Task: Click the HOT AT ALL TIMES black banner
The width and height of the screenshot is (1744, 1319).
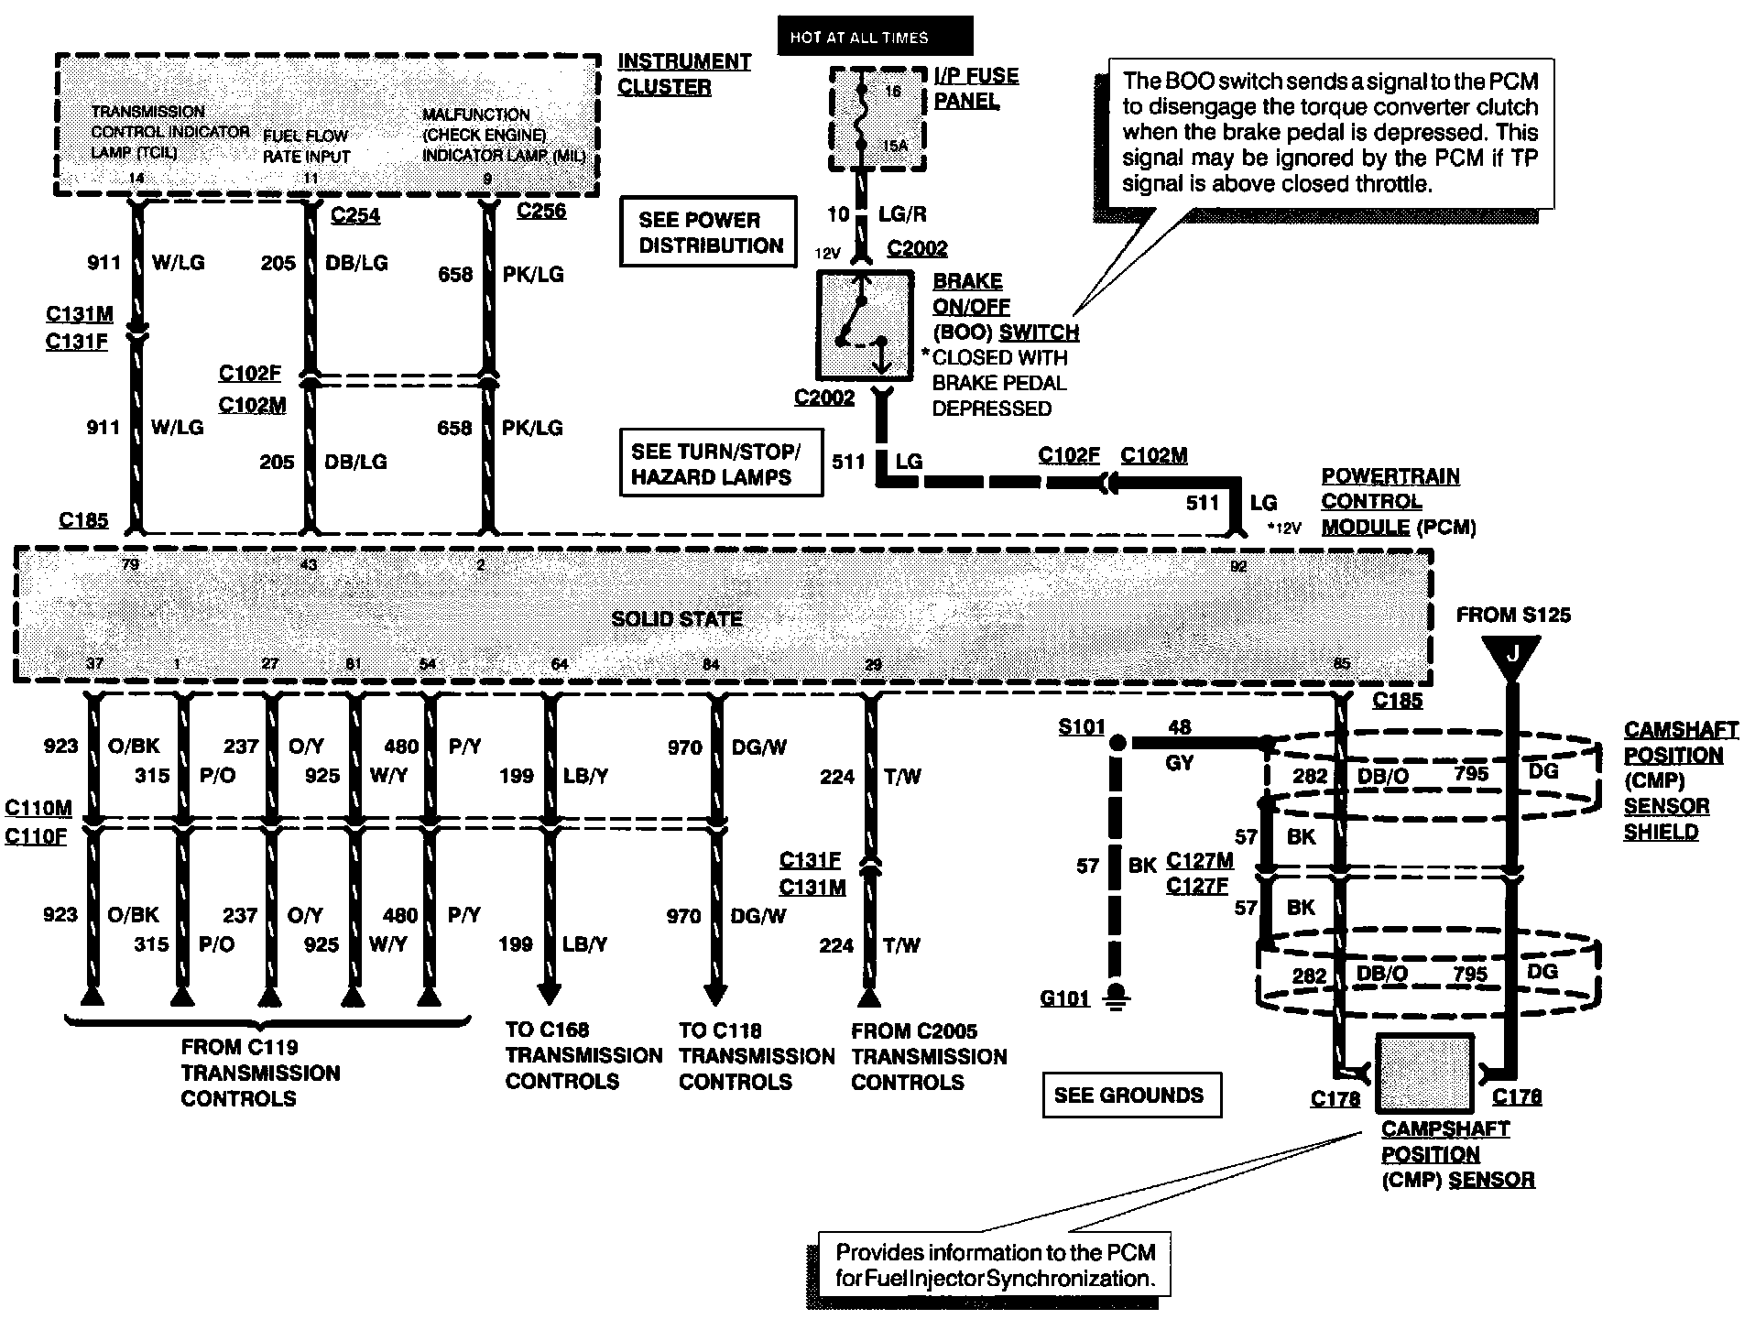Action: point(875,37)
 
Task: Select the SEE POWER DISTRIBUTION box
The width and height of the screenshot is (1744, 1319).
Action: point(708,233)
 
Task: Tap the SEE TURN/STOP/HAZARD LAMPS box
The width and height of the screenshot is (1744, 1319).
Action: point(721,463)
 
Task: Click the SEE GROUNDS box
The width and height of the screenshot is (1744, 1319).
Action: point(1131,1095)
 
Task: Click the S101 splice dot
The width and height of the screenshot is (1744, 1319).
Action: point(1117,743)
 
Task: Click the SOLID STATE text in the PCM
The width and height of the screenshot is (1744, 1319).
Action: point(676,619)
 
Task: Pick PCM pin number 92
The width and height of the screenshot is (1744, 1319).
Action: point(1238,566)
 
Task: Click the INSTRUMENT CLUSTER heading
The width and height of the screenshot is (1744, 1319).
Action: point(683,74)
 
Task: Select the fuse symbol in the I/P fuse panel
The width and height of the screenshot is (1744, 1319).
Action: point(861,118)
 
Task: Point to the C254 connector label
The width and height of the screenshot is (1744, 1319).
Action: point(354,216)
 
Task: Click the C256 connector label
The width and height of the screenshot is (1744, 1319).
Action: point(540,211)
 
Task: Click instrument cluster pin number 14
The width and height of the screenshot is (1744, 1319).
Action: point(136,178)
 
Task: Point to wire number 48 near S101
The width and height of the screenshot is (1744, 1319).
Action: point(1180,727)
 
